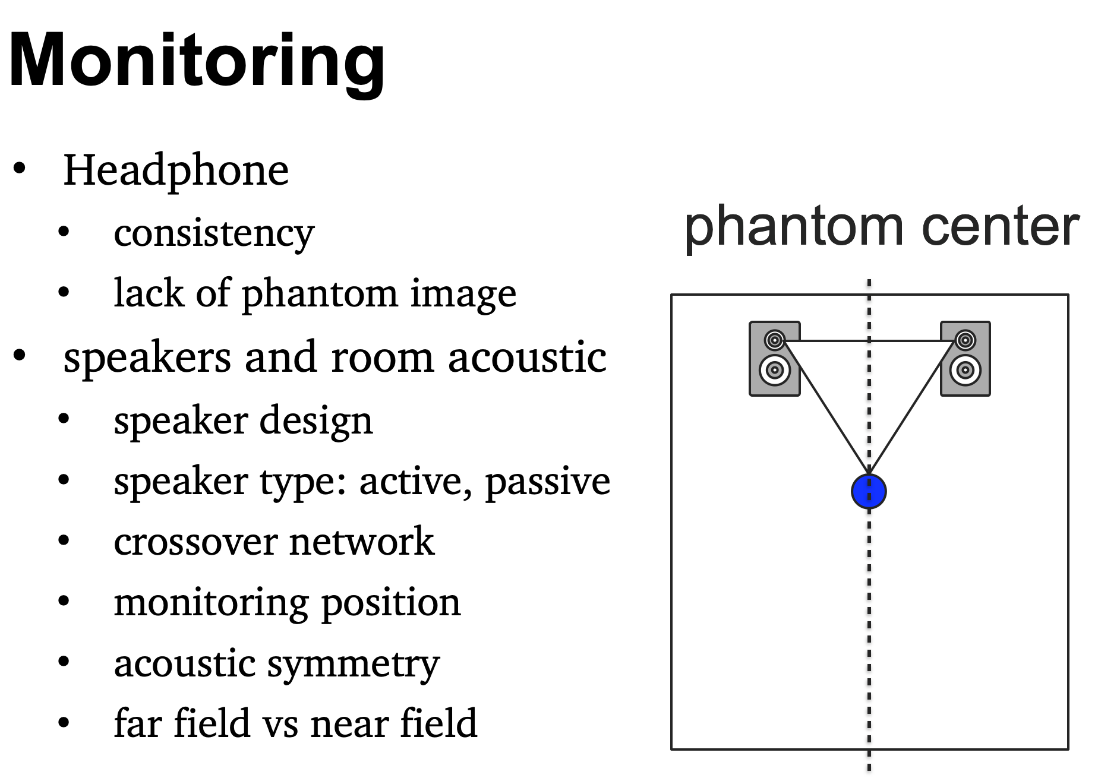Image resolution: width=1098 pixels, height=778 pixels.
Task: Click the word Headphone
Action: tap(176, 170)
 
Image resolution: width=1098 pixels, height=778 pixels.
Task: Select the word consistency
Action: tap(214, 234)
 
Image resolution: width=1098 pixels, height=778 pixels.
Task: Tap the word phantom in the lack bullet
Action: tap(320, 295)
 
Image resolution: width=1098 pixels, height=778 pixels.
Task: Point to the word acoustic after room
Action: tap(527, 358)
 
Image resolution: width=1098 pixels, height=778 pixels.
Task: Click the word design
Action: tap(316, 421)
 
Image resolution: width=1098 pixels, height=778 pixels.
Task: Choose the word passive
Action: tap(547, 482)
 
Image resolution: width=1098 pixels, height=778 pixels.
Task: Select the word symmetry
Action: tap(354, 665)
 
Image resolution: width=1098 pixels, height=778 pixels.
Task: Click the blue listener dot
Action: tap(869, 492)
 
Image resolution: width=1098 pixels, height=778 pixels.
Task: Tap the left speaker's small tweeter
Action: tap(774, 340)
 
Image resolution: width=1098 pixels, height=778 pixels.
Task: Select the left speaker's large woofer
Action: tap(774, 370)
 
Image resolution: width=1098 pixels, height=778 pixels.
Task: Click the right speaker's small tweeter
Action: tap(965, 340)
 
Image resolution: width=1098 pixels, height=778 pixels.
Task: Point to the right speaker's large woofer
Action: tap(965, 370)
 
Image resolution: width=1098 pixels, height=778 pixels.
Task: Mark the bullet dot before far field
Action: tap(64, 723)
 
